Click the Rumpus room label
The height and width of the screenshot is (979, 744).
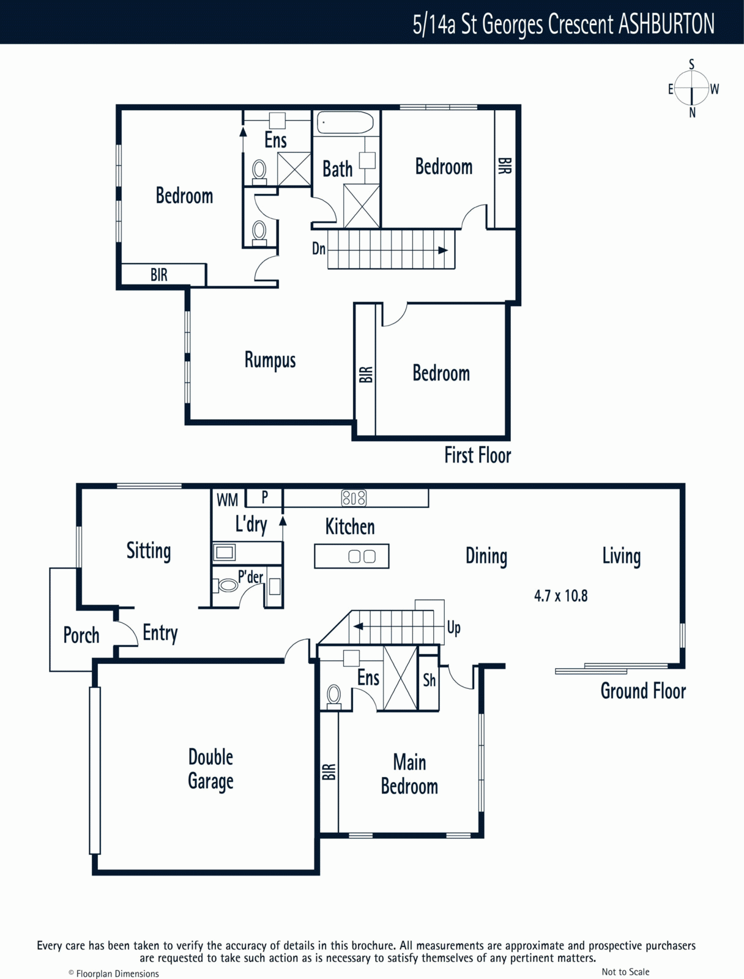(x=270, y=360)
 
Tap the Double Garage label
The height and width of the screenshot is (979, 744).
(x=211, y=769)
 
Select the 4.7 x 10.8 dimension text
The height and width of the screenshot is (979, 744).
(x=561, y=596)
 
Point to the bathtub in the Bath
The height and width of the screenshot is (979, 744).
(x=345, y=122)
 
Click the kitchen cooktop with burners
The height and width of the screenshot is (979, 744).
(x=354, y=497)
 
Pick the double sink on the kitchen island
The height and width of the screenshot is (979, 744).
(x=362, y=556)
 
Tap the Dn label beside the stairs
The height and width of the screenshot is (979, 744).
(x=319, y=248)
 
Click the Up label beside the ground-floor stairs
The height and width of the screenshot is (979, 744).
(x=454, y=628)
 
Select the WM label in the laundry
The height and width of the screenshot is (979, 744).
(x=228, y=500)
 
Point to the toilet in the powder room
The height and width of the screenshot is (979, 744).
(x=226, y=585)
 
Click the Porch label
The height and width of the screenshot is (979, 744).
(x=81, y=635)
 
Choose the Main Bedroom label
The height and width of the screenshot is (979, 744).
(x=409, y=774)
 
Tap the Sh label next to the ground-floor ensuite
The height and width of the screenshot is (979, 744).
(x=430, y=680)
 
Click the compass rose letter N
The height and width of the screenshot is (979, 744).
(x=692, y=113)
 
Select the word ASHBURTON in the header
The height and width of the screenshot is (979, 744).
(x=666, y=24)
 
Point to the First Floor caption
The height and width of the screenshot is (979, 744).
(x=477, y=455)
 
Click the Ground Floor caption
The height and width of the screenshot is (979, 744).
(x=643, y=691)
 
